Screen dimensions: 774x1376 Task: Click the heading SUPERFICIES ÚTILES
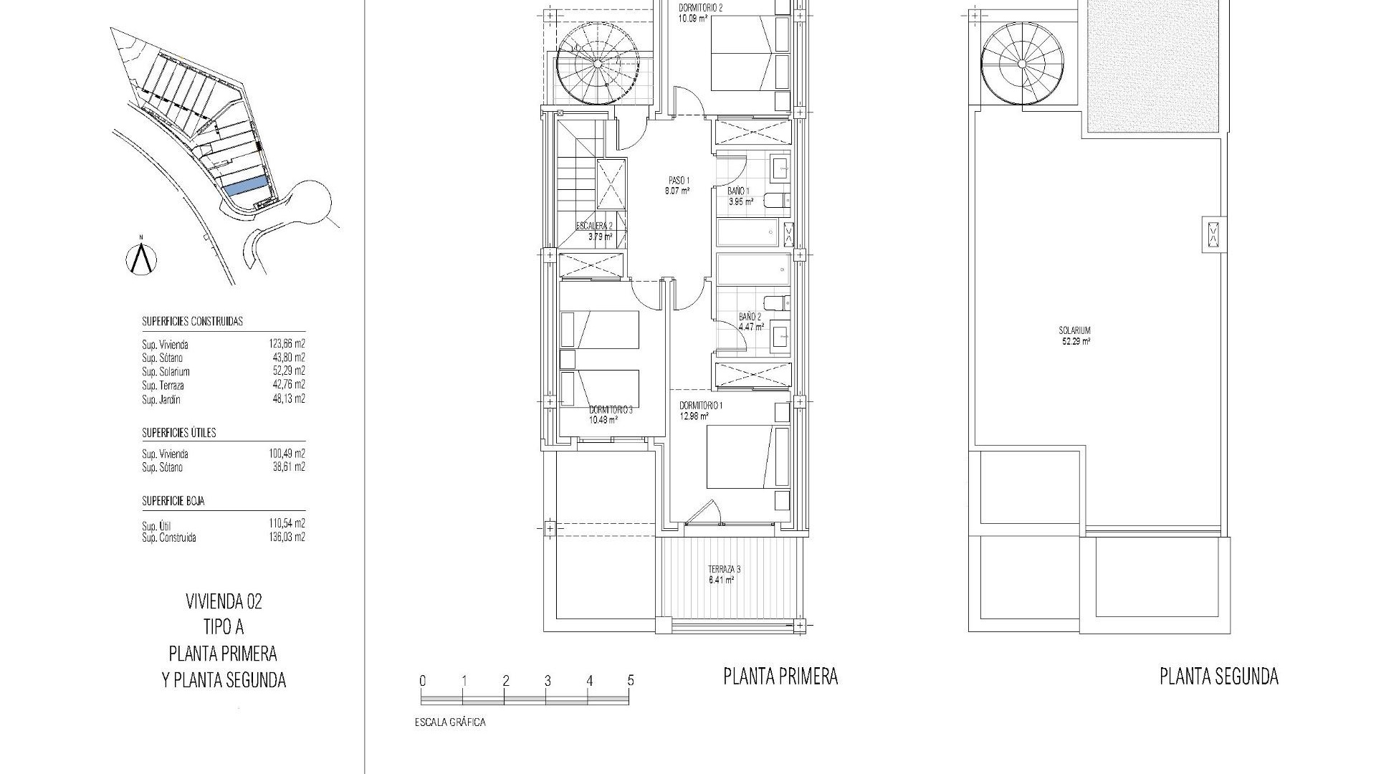pos(179,433)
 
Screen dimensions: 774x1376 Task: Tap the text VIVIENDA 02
pos(224,601)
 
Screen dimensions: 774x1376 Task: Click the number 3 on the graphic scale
pos(548,681)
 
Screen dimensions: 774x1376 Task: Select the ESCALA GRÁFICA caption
pos(450,722)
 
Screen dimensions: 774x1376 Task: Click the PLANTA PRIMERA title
pos(780,676)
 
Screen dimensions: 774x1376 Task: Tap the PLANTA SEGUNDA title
pos(1219,676)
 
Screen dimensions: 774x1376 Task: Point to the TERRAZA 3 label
pos(723,574)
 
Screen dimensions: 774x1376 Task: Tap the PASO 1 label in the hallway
pos(677,185)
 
